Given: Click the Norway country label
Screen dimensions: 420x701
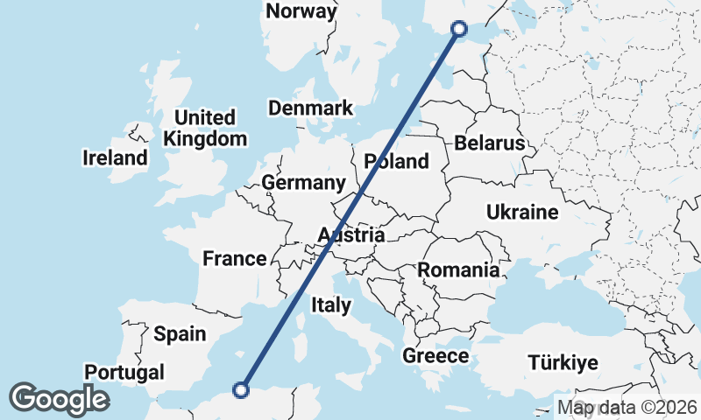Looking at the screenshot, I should click(301, 11).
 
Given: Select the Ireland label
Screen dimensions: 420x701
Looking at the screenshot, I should click(115, 158).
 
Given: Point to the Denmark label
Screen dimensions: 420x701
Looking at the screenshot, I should click(310, 108).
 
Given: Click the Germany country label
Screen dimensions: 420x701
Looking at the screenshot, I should click(303, 183).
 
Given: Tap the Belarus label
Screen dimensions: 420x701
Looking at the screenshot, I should click(489, 143).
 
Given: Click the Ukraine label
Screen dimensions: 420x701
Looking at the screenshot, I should click(522, 213).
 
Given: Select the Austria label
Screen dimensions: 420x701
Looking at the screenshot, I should click(350, 235).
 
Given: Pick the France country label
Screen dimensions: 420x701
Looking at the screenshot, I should click(234, 258).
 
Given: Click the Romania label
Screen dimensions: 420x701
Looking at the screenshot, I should click(457, 269).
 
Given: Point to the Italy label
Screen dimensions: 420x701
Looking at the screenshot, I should click(331, 305).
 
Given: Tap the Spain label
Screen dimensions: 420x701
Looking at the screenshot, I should click(180, 333).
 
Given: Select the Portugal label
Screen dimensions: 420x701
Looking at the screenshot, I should click(124, 372).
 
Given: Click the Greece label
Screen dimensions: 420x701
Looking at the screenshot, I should click(435, 356).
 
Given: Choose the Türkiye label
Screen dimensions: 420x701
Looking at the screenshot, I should click(562, 362).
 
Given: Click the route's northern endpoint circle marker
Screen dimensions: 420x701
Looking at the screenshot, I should click(458, 29).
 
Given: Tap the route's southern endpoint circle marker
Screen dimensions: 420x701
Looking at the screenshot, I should click(242, 390).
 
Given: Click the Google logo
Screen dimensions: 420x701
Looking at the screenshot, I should click(59, 399).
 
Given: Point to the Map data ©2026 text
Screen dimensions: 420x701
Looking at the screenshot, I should click(627, 407).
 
